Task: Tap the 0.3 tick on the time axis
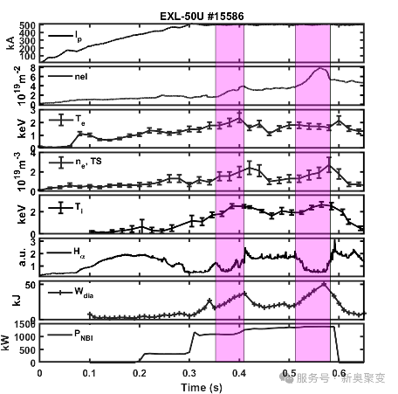189,372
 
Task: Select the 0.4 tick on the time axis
239,372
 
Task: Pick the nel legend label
86,77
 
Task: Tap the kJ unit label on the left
10,299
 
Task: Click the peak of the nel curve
321,68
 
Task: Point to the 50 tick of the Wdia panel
30,285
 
